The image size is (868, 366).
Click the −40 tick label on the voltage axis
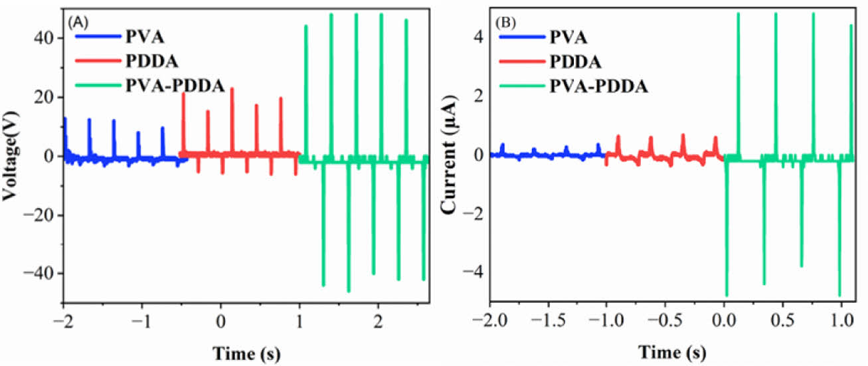(40, 273)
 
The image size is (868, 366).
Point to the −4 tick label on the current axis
(472, 273)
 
